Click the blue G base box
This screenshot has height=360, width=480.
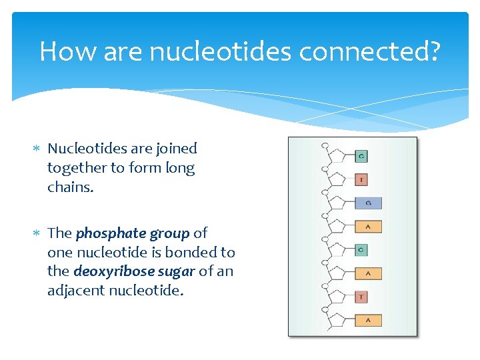coord(369,203)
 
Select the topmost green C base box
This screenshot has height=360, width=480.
coord(361,157)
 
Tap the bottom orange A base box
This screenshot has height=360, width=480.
coord(368,321)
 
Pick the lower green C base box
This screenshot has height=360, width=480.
coord(361,250)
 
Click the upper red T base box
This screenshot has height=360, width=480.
coord(361,180)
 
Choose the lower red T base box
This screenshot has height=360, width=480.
coord(361,297)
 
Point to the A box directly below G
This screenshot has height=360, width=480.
coord(368,227)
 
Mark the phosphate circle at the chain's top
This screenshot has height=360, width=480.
coord(325,145)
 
